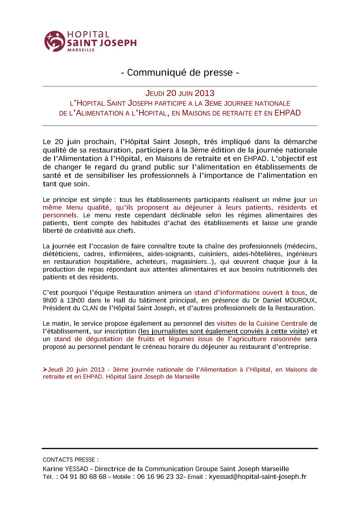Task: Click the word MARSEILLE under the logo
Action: pos(81,50)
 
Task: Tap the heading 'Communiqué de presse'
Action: pos(180,73)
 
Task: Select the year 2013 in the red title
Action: pos(205,93)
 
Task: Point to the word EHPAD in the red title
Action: pos(287,113)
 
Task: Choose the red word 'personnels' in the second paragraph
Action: pos(60,215)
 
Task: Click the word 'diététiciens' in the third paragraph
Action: pos(61,254)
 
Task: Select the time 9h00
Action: pos(50,300)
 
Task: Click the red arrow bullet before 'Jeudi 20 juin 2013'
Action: pos(45,369)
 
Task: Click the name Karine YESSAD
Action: pos(65,469)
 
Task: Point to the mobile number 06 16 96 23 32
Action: pos(160,477)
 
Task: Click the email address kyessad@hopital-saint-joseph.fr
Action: pos(257,477)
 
